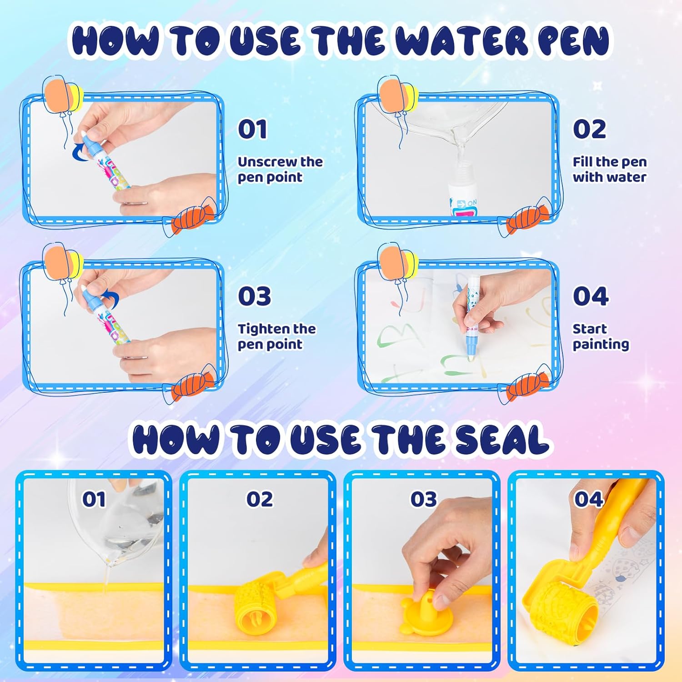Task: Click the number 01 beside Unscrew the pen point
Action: (x=252, y=129)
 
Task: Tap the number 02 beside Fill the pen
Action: (x=589, y=129)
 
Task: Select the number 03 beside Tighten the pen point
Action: (x=254, y=296)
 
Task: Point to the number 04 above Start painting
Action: (x=590, y=296)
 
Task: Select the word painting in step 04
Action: (x=601, y=345)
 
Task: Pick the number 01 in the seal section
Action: (x=94, y=499)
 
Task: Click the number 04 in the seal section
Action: (x=588, y=499)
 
